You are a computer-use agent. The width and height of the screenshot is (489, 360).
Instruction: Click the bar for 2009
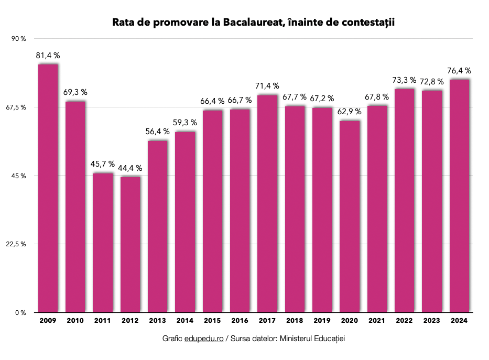pos(48,188)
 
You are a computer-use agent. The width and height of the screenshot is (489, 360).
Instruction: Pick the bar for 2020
pos(350,216)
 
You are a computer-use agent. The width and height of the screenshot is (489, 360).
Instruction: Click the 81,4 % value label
pos(48,55)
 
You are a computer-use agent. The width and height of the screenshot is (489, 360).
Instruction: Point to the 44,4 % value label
pos(130,168)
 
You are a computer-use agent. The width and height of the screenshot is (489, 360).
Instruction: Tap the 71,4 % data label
pos(267,86)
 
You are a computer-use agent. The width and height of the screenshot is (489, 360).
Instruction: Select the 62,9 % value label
pos(350,112)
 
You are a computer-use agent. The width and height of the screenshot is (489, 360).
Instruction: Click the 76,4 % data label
pos(460,71)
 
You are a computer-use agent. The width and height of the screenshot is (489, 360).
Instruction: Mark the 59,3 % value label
pos(185,123)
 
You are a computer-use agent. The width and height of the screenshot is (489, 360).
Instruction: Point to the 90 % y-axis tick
pos(19,39)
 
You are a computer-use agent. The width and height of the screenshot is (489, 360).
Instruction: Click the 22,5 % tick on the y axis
pos(17,244)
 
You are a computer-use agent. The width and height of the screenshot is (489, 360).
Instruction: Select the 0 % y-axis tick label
pos(21,313)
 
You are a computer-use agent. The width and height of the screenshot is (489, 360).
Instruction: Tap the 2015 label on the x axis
pos(212,320)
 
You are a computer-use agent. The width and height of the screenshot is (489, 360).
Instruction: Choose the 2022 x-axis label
pos(405,320)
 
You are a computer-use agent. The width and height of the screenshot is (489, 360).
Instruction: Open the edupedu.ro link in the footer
pos(204,339)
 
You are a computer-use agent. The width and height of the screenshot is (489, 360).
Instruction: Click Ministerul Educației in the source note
pos(312,339)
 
